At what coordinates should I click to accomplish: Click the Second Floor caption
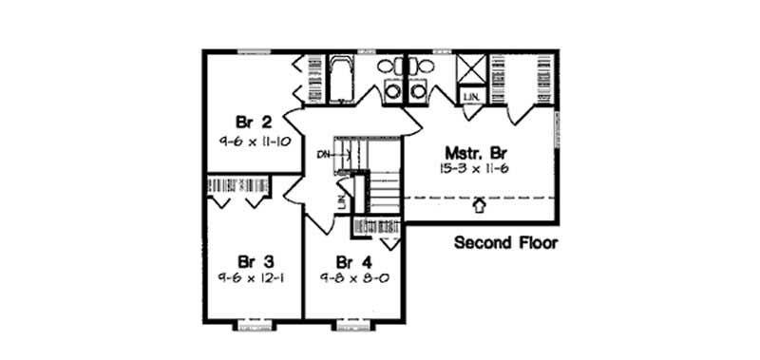point(505,242)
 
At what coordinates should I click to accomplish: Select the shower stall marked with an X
point(471,71)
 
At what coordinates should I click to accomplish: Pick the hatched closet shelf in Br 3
point(238,184)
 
